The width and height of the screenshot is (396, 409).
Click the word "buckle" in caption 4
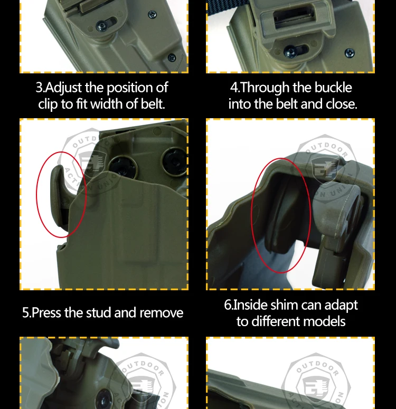[333, 88]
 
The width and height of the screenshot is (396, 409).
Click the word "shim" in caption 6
[284, 305]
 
